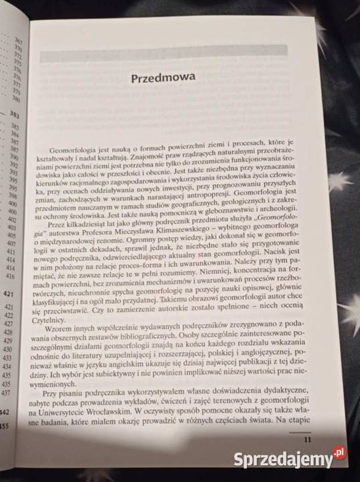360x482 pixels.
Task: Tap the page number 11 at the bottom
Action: pyautogui.click(x=308, y=439)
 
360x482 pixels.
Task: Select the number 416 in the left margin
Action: pyautogui.click(x=10, y=276)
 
